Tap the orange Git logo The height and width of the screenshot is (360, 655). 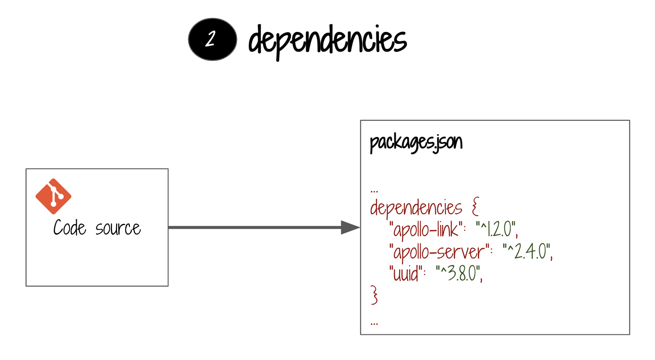pos(53,196)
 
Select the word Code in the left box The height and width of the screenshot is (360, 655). pos(69,228)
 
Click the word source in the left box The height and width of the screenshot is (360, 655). pos(118,228)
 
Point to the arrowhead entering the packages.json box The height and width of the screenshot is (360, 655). pos(350,227)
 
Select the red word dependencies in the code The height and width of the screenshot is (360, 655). pos(416,208)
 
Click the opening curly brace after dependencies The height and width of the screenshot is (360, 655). pos(476,206)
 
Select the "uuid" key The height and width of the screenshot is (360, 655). pos(406,274)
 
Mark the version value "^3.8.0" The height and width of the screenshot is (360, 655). pos(459,274)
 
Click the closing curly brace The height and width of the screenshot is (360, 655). pos(374,295)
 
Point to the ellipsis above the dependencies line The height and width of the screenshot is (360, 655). pos(374,191)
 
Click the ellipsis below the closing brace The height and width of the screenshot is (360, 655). pos(374,323)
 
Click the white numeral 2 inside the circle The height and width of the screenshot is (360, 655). pos(210,39)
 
